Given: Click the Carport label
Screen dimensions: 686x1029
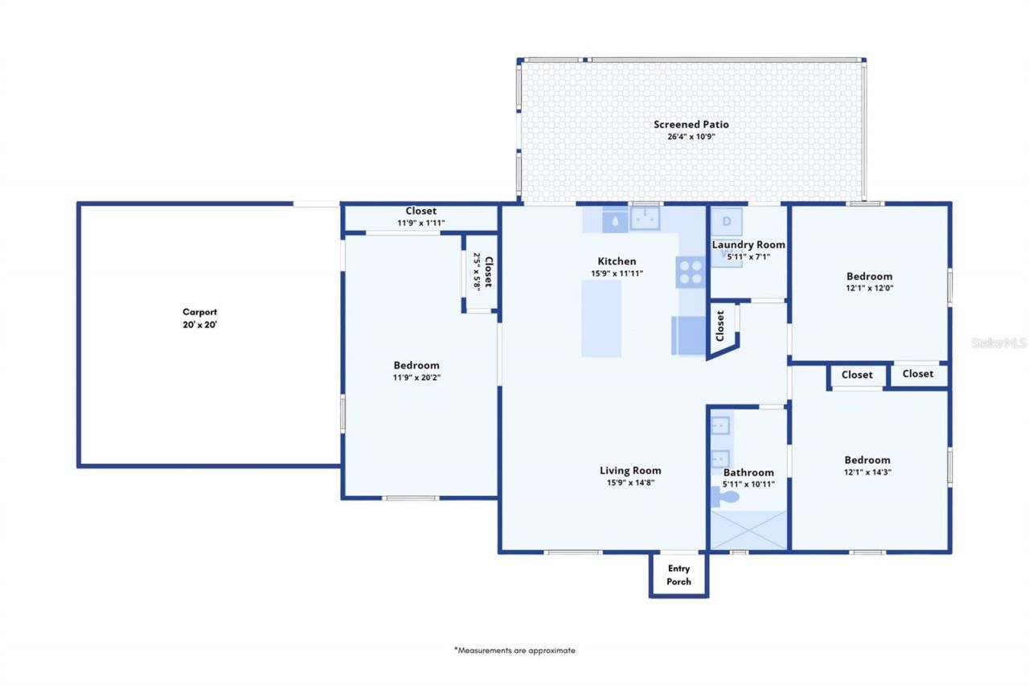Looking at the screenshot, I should [x=199, y=312].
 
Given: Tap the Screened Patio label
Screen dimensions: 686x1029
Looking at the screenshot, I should [x=691, y=125].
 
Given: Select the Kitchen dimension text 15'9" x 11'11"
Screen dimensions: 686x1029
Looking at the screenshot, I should [x=617, y=273].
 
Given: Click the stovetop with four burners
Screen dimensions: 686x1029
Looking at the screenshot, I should [x=690, y=272].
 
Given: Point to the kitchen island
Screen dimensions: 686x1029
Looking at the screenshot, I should [x=601, y=318].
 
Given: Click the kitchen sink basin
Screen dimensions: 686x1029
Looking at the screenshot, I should [x=645, y=218].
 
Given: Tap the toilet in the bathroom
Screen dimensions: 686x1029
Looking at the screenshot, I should [x=727, y=496].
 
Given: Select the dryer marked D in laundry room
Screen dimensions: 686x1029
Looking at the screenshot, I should [x=727, y=221].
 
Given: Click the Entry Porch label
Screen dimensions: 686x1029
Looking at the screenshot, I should [x=678, y=575].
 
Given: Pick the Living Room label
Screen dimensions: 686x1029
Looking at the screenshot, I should [x=630, y=470].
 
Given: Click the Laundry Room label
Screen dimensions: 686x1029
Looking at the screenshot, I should [x=748, y=244].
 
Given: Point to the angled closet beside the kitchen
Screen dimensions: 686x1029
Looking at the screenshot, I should [x=722, y=329].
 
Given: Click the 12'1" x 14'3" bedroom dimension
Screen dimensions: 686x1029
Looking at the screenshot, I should [x=867, y=473].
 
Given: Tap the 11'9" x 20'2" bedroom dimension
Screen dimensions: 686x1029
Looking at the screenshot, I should [x=416, y=377].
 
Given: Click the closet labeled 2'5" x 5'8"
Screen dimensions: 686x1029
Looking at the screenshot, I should [x=482, y=272].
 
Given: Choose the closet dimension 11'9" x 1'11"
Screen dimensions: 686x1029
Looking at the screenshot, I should [x=420, y=223].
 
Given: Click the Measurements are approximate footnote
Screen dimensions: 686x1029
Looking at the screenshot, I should [x=514, y=651].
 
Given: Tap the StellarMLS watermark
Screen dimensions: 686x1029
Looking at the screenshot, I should [x=998, y=343].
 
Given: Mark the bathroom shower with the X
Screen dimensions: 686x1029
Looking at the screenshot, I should [x=748, y=530].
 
